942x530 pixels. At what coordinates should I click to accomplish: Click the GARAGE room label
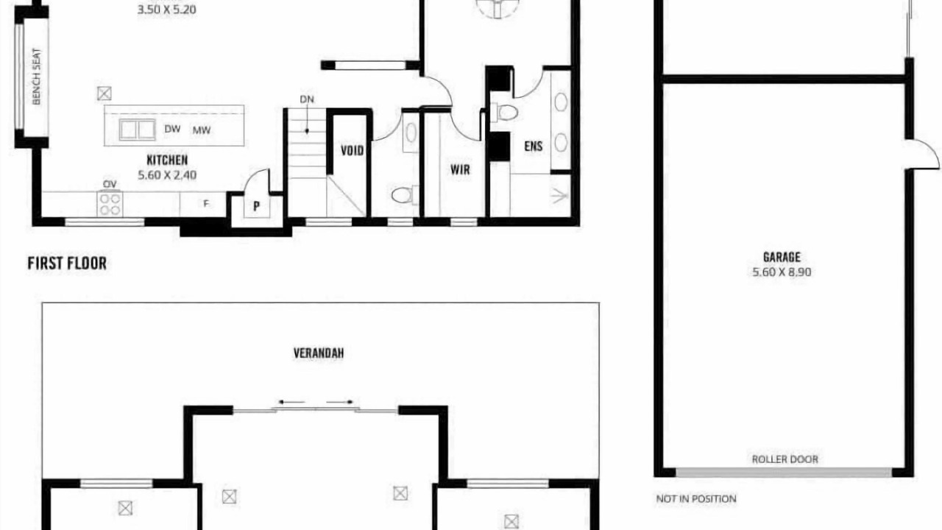pos(782,257)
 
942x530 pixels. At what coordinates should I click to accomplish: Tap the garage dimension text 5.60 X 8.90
pos(782,272)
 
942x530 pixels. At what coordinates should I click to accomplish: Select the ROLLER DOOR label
pos(785,459)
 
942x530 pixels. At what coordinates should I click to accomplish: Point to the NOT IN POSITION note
pos(696,499)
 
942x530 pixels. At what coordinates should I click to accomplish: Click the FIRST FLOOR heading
pos(67,264)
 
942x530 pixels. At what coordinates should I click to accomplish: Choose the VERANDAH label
pos(319,353)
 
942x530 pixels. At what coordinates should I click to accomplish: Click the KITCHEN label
pos(167,160)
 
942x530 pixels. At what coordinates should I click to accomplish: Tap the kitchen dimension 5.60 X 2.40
pos(167,175)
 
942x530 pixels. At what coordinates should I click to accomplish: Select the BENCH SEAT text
pos(37,77)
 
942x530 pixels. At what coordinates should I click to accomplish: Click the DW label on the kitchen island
pos(172,129)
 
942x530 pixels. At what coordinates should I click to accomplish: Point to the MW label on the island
pos(202,130)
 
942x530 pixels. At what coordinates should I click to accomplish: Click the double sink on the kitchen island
pos(137,130)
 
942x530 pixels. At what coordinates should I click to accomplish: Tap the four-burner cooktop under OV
pos(110,204)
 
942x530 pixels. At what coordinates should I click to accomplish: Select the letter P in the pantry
pos(257,206)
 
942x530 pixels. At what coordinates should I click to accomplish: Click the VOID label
pos(352,151)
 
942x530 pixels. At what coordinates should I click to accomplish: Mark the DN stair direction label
pos(307,99)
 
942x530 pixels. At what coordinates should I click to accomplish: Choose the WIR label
pos(460,170)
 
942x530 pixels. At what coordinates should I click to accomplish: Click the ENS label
pos(534,146)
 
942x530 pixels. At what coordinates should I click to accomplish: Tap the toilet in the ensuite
pos(504,113)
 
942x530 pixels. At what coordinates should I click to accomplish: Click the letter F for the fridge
pos(206,204)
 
